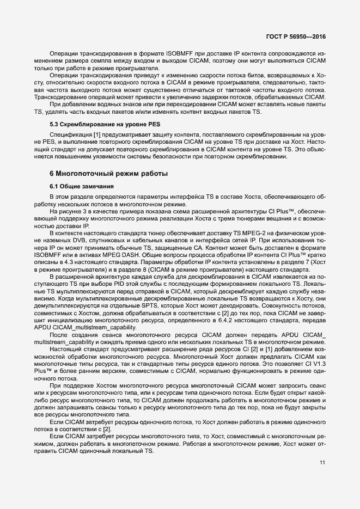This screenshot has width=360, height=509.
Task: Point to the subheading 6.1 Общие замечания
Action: pos(81,187)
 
